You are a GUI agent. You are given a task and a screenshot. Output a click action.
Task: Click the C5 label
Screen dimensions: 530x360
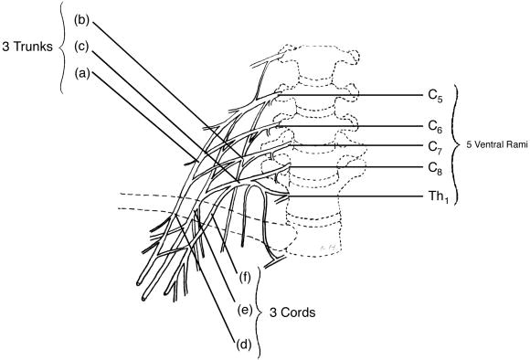[435, 96]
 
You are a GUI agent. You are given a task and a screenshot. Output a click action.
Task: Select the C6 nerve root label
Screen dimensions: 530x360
[435, 127]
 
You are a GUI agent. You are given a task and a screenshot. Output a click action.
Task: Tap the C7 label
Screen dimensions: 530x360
[435, 147]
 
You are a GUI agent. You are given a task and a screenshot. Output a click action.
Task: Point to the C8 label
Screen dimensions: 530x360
[435, 168]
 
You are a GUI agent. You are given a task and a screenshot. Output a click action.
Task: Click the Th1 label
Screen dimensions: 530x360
[439, 196]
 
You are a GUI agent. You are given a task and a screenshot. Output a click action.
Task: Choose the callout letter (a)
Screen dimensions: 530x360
[82, 73]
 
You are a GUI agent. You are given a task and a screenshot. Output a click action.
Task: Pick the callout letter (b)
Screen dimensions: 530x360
[82, 20]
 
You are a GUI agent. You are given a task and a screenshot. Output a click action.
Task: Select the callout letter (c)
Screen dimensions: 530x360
[82, 47]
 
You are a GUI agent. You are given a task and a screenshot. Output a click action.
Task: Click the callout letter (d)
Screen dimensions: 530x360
[244, 344]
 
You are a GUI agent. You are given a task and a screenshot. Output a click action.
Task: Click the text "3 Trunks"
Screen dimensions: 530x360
[27, 47]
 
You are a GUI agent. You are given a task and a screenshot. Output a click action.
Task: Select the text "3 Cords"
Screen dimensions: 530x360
[292, 312]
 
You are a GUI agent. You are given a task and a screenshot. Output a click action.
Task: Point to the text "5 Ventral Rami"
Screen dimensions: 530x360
[497, 145]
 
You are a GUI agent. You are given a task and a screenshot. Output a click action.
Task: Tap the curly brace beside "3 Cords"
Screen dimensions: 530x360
[260, 312]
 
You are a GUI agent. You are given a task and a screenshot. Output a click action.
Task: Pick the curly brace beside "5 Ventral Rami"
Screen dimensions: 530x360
[457, 145]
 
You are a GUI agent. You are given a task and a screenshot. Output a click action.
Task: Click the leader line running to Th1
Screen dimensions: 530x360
[355, 196]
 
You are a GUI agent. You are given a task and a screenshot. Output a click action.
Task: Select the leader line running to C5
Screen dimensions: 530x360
[351, 95]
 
